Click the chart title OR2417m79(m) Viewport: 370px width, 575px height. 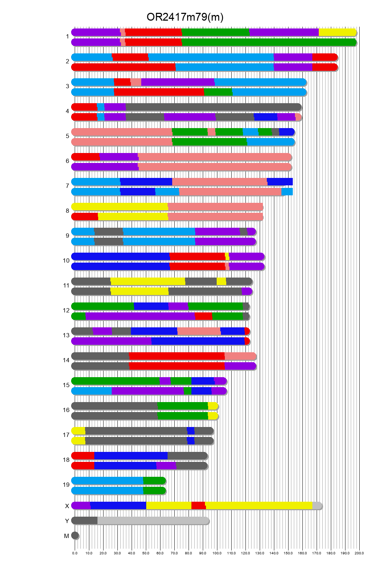(x=185, y=17)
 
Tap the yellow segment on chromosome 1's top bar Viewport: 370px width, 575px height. (x=337, y=32)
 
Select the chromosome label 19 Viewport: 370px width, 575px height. (x=66, y=485)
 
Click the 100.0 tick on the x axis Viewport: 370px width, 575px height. (x=217, y=553)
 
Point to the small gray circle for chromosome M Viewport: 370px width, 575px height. (x=75, y=536)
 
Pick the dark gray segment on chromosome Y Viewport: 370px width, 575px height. (x=85, y=521)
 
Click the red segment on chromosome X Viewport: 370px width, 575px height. (x=198, y=506)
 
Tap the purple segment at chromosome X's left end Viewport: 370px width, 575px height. (x=81, y=506)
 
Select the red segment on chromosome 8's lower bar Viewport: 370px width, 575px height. (x=85, y=217)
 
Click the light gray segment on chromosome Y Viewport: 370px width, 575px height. (x=153, y=521)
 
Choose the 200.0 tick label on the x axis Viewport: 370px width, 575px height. (x=359, y=553)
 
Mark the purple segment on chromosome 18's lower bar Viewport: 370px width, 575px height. (x=166, y=466)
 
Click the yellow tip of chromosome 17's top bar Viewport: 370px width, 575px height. (x=79, y=431)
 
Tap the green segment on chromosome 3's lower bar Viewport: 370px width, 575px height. (x=218, y=92)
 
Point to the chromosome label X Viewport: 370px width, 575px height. (x=67, y=506)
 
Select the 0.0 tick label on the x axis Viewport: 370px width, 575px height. (x=75, y=553)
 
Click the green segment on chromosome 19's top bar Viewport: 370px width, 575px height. (x=154, y=481)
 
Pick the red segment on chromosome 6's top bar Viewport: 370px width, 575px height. (x=86, y=157)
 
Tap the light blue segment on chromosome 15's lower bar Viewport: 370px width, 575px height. (x=92, y=391)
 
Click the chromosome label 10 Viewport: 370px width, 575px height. (x=66, y=260)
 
